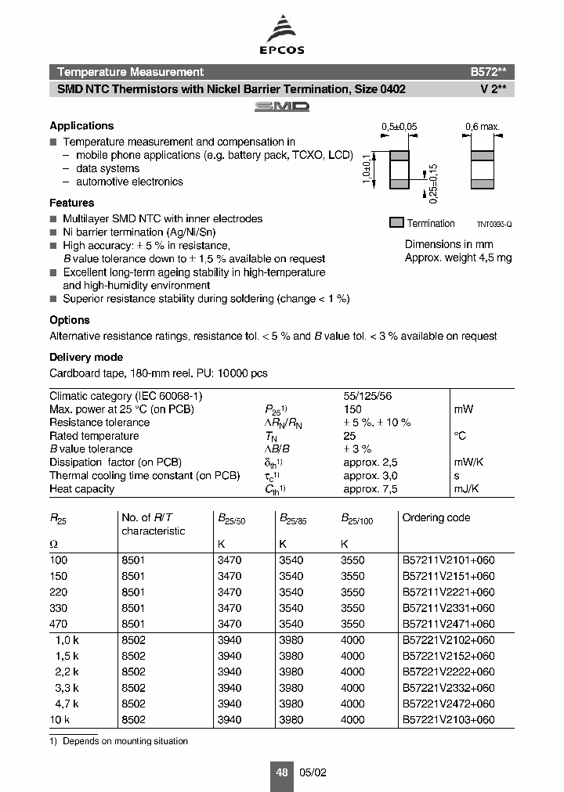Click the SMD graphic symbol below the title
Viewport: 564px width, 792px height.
point(282,106)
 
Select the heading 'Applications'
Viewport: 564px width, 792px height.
point(81,126)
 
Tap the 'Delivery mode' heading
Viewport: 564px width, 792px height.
point(86,358)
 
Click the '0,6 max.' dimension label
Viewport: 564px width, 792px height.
point(482,127)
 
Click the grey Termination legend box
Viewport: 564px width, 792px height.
point(396,223)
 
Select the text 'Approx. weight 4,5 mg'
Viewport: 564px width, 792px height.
point(457,257)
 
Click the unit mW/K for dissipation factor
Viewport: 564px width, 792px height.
point(468,463)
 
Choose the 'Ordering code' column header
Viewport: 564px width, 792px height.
point(436,517)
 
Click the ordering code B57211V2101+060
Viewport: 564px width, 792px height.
point(448,560)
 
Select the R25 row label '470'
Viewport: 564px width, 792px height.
point(59,624)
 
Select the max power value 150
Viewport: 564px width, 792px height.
point(352,409)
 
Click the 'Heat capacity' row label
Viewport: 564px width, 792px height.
point(82,489)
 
